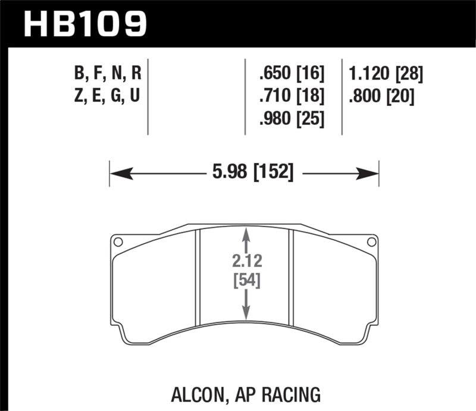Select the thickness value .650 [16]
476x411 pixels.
292,74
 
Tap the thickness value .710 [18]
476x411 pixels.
292,96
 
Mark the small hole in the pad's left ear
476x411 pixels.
118,241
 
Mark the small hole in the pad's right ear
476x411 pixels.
371,241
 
